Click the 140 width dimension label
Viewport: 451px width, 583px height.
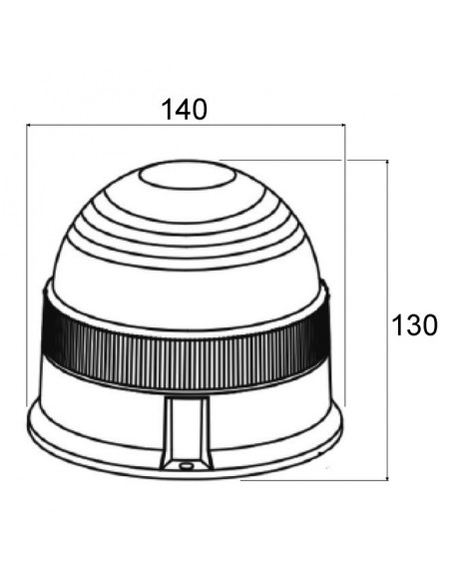pos(185,110)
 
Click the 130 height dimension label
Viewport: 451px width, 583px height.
pos(414,325)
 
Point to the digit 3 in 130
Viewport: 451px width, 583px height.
pos(414,325)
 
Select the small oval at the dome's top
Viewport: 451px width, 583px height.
pos(188,177)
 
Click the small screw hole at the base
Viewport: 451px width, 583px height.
pos(184,465)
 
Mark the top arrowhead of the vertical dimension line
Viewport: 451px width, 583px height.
pos(387,163)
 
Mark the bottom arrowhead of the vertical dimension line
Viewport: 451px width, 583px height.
pos(387,477)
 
